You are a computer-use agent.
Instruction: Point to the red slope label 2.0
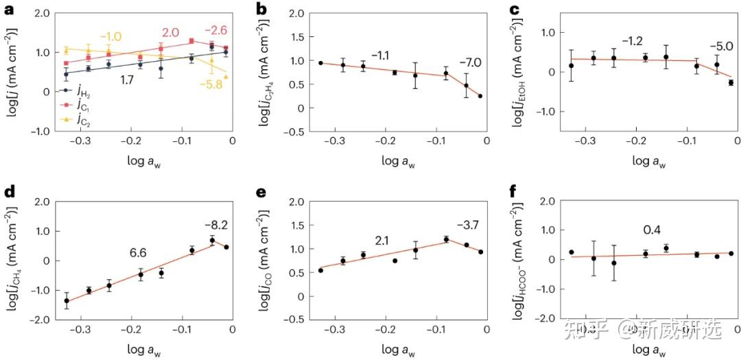click(170, 32)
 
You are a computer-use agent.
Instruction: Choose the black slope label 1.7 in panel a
click(127, 80)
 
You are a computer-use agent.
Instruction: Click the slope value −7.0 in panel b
click(470, 62)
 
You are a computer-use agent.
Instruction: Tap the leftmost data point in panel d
click(67, 300)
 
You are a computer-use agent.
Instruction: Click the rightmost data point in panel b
click(480, 96)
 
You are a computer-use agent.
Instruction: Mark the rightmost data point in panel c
click(731, 82)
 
